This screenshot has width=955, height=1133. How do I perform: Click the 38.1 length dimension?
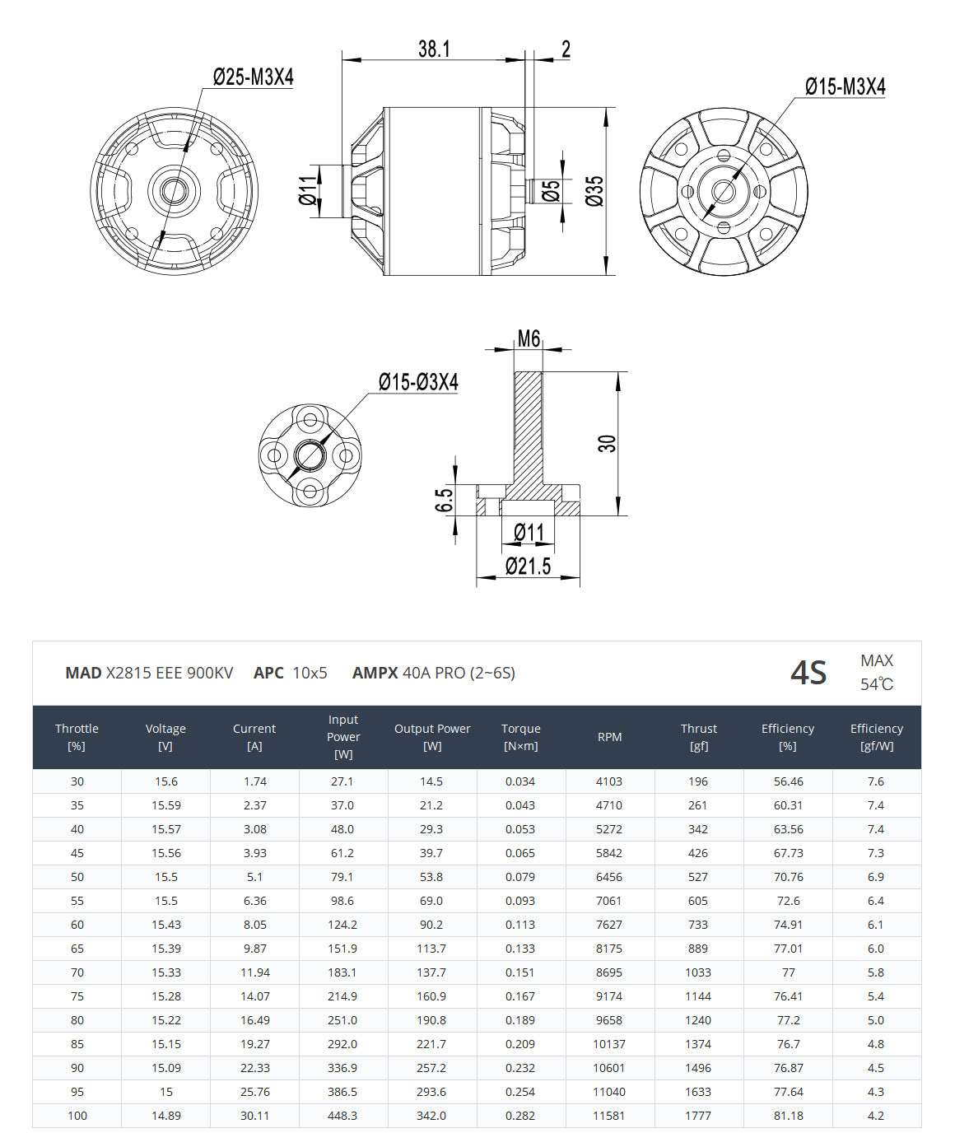click(434, 49)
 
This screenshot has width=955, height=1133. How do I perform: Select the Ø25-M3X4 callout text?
click(253, 77)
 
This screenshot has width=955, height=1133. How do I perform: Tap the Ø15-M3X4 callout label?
click(845, 86)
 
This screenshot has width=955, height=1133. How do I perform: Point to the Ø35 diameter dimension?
click(594, 191)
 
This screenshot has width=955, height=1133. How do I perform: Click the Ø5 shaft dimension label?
click(552, 190)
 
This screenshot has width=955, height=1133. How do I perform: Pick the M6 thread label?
click(529, 338)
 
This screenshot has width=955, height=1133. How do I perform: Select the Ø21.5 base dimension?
click(528, 566)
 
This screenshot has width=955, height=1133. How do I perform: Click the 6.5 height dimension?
click(444, 500)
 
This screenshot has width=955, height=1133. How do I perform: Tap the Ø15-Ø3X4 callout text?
click(418, 382)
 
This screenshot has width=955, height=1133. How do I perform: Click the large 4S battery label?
click(808, 673)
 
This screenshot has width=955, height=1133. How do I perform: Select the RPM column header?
click(609, 737)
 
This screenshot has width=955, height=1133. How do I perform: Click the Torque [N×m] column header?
click(520, 737)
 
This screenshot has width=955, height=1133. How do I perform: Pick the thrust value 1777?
click(698, 1116)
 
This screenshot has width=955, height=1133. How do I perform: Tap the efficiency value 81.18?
click(788, 1116)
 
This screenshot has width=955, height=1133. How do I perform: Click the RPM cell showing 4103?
click(609, 781)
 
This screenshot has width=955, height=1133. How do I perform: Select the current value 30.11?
click(254, 1116)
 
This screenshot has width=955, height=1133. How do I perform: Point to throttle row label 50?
click(77, 877)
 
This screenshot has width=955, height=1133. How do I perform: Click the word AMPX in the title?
click(375, 673)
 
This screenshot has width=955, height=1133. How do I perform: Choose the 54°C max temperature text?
click(876, 684)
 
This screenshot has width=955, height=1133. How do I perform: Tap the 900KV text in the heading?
click(209, 673)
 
